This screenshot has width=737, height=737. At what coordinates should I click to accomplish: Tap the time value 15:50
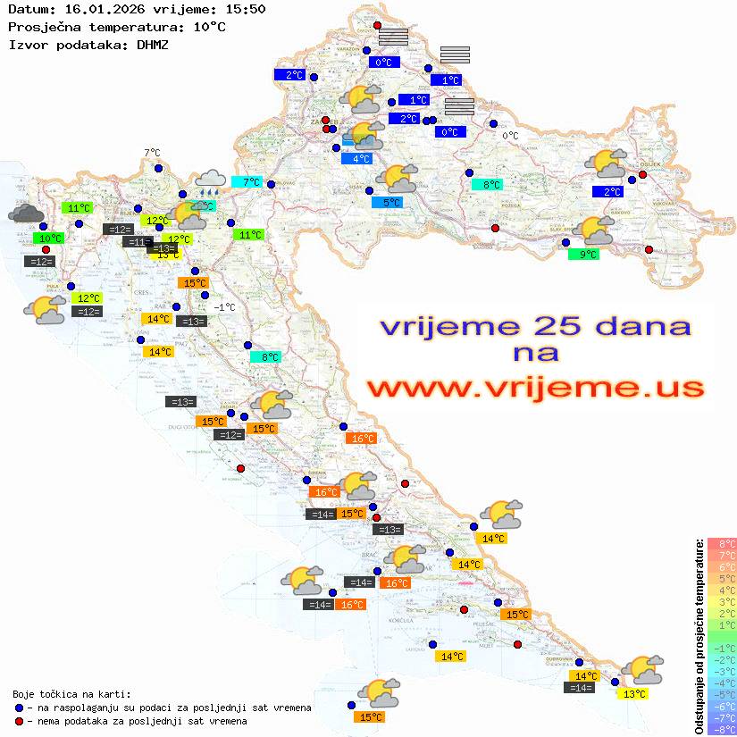tap(244, 9)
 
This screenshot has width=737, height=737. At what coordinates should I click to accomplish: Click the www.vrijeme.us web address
tap(535, 388)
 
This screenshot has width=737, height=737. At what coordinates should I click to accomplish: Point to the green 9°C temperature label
tap(583, 255)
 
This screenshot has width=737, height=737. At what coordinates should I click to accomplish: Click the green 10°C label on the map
tap(49, 239)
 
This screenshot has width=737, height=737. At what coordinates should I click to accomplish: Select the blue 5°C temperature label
tap(387, 203)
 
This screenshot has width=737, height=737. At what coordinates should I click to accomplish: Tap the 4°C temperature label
tap(356, 159)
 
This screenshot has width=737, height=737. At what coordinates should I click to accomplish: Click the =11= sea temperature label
tap(137, 242)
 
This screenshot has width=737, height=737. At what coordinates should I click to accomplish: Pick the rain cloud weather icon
tap(210, 182)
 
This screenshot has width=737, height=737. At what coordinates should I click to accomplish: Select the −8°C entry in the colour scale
tap(722, 730)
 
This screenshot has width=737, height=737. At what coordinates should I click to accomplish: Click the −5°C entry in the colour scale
tap(722, 694)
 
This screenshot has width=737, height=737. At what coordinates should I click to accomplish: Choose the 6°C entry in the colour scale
tap(722, 567)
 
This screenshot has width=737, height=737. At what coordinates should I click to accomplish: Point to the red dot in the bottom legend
tap(20, 721)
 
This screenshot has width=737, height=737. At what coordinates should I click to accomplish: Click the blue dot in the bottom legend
tap(20, 708)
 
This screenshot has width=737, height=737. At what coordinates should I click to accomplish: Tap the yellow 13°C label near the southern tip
tap(634, 694)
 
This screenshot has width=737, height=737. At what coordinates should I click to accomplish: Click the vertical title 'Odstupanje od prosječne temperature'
tap(699, 636)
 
